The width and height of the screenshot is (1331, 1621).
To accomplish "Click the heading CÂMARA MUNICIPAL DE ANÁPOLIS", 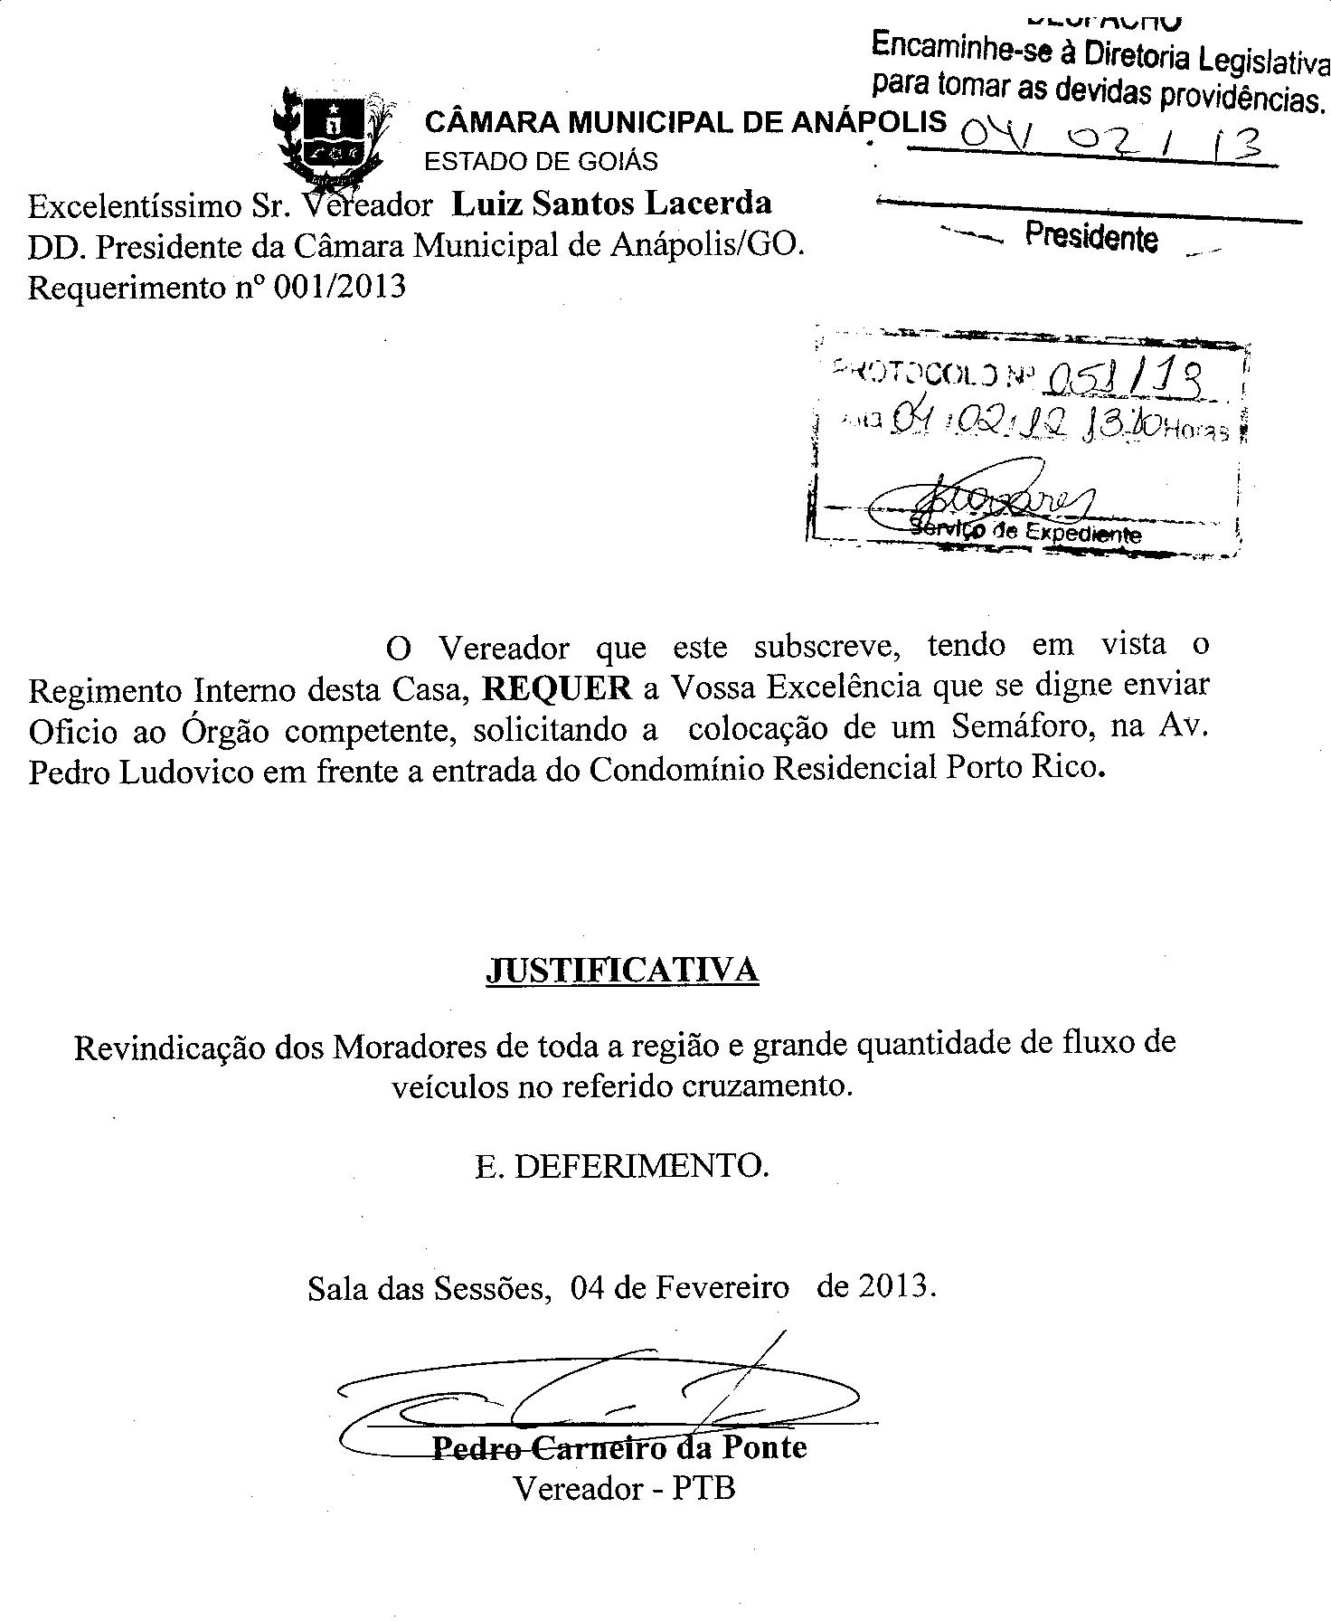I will point(685,121).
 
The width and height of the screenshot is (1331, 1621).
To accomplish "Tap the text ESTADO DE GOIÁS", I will point(541,162).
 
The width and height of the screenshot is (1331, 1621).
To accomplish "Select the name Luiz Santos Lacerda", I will point(611,204).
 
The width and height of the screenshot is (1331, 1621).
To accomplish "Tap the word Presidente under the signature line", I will point(1090,237).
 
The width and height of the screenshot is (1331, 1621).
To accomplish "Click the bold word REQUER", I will point(557,689).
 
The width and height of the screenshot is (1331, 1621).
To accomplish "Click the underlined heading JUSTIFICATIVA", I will point(622,970).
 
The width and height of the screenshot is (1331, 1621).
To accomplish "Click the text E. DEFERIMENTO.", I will point(622,1166).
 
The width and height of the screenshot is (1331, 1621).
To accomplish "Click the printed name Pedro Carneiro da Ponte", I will point(620,1447).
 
